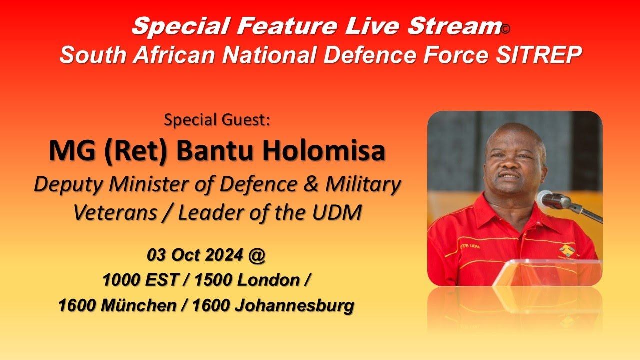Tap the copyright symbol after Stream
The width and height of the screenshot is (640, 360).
coord(505,30)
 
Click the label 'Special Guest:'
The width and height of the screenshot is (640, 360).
coord(217,120)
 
